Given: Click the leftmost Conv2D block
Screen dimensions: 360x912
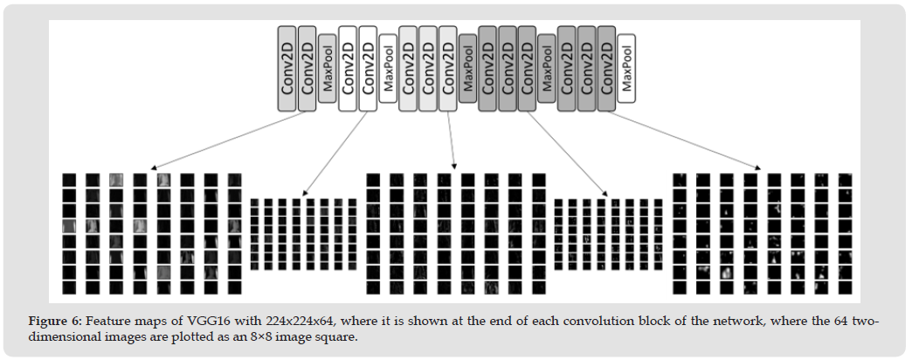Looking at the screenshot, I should point(287,68).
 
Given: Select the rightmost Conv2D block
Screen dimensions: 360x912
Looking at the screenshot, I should point(606,68).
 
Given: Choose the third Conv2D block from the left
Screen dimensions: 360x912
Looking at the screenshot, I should point(347,68).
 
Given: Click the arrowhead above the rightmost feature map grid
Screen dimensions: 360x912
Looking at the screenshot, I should point(758,168).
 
